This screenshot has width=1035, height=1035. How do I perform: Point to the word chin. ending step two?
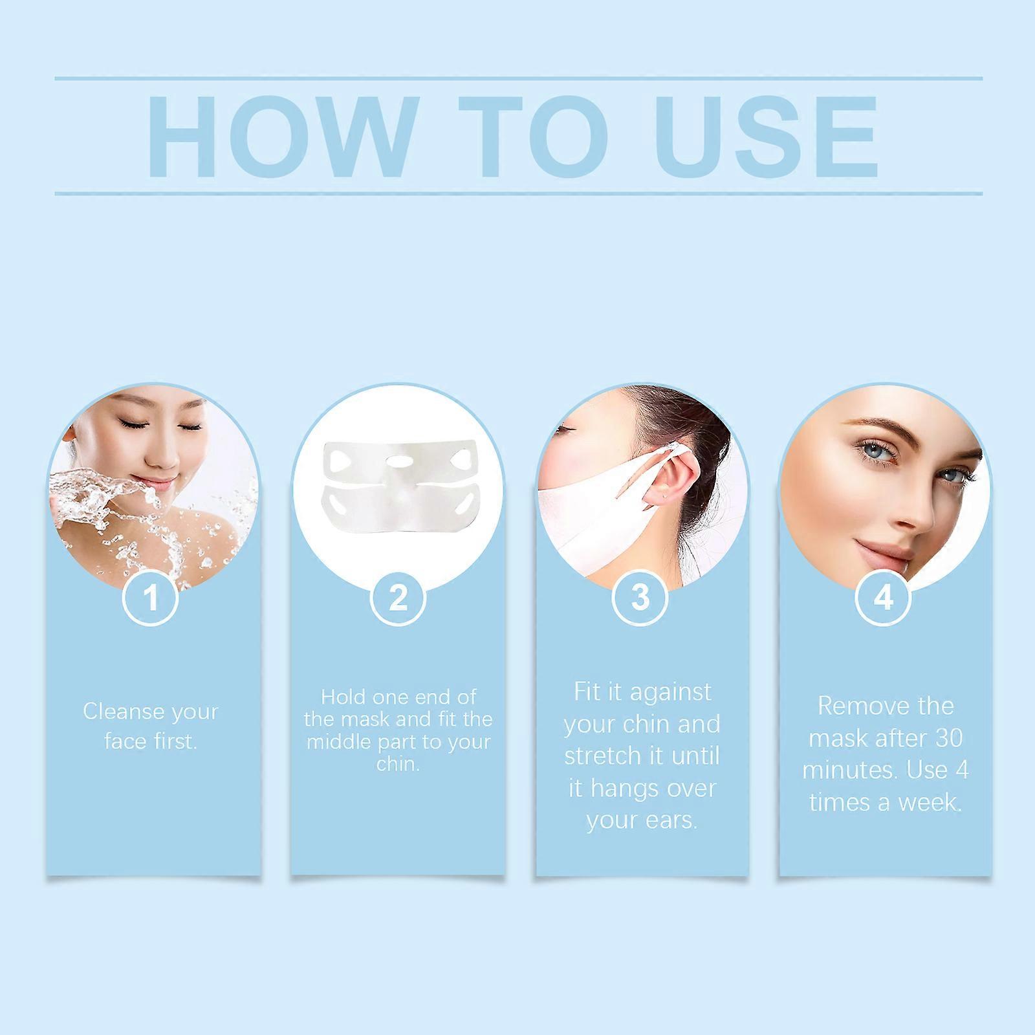pyautogui.click(x=398, y=764)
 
